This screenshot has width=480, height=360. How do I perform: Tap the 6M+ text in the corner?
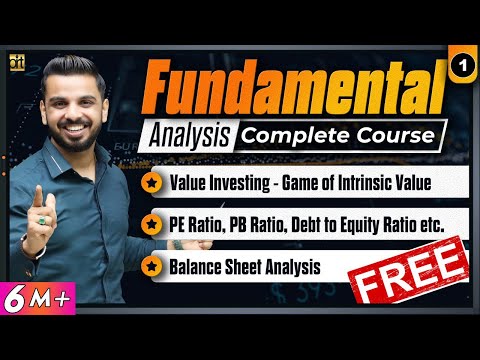pos(35,297)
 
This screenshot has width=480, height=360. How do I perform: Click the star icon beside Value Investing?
pos(151,184)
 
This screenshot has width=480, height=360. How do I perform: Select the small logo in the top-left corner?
pos(18,60)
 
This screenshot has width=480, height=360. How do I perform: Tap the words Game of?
pos(299,184)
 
